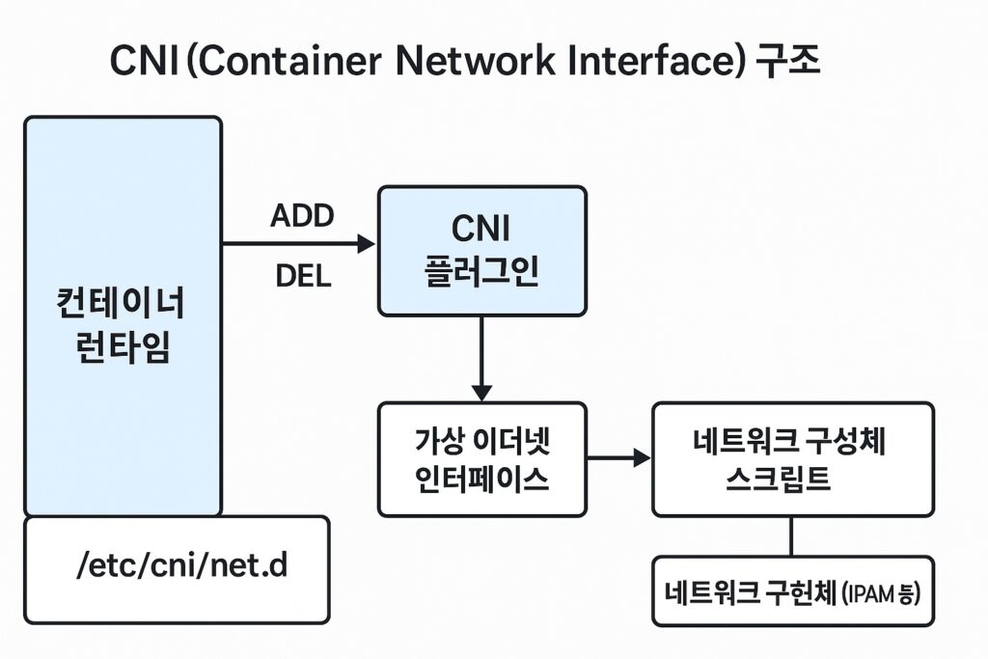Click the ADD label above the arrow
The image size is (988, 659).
click(302, 216)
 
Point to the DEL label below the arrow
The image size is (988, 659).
click(303, 276)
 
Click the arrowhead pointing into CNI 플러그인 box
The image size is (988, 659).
click(366, 243)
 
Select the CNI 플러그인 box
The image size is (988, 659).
click(482, 251)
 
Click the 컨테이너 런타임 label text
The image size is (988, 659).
click(122, 325)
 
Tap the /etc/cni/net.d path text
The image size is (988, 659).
click(181, 564)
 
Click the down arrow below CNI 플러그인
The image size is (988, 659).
click(482, 358)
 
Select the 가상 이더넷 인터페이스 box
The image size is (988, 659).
click(482, 459)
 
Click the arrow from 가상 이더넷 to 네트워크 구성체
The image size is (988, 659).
click(618, 458)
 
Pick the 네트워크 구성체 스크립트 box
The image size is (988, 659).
click(793, 459)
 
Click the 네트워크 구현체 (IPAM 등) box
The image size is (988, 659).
click(793, 590)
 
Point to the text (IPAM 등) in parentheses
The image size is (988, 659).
click(881, 593)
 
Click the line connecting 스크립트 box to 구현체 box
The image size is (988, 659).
click(791, 536)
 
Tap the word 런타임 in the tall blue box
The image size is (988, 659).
click(123, 347)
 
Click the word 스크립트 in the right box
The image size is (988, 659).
click(779, 480)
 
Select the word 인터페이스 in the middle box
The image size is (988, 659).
click(482, 480)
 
